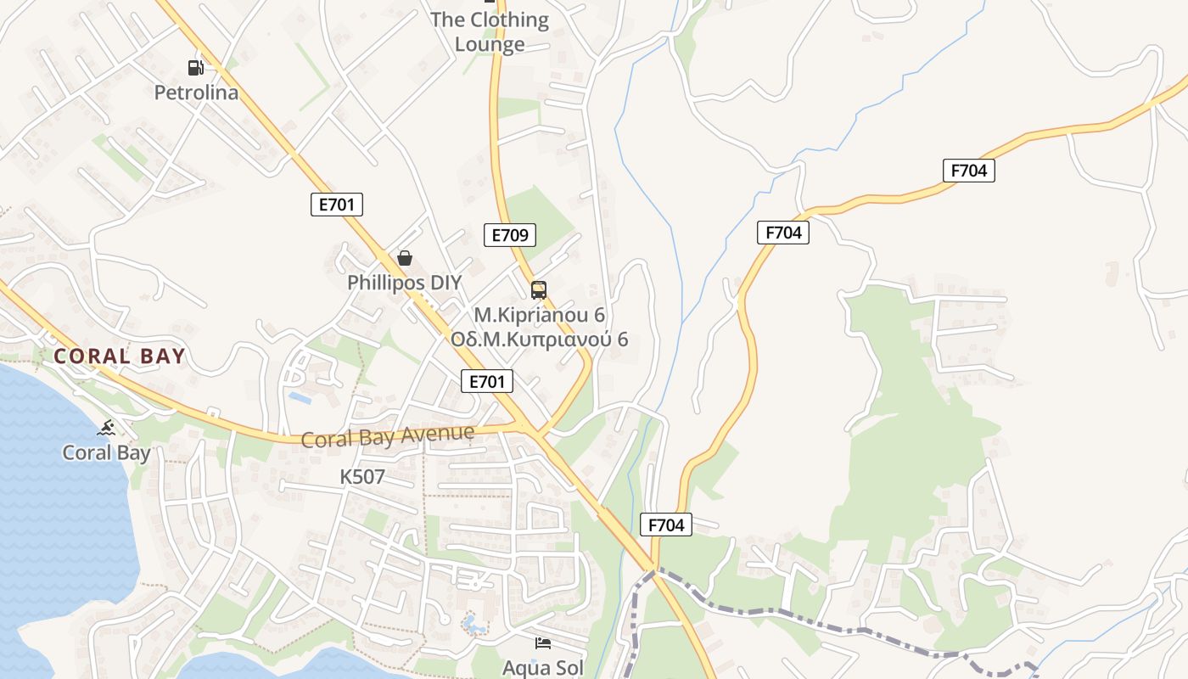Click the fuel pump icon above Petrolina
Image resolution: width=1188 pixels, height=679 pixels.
click(x=196, y=68)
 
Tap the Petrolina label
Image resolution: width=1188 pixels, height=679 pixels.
click(x=196, y=93)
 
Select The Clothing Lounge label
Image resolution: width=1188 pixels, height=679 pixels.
click(x=490, y=31)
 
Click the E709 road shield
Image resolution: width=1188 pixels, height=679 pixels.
click(x=510, y=235)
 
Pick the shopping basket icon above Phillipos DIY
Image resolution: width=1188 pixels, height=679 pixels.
click(x=405, y=258)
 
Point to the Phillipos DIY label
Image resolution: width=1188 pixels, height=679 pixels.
click(x=405, y=283)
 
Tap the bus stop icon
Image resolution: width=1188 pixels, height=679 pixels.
click(x=539, y=290)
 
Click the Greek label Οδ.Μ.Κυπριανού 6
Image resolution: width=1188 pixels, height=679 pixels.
click(x=539, y=339)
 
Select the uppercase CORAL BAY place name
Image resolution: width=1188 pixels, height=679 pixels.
click(x=120, y=356)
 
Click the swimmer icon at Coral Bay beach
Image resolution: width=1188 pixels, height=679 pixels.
click(x=106, y=428)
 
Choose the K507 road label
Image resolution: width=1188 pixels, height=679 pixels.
click(x=362, y=477)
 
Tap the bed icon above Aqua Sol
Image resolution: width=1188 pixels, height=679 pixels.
click(x=543, y=643)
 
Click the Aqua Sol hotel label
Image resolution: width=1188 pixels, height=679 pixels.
click(x=543, y=667)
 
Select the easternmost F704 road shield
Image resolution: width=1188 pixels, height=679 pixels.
click(x=968, y=171)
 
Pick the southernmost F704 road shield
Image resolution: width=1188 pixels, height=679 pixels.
click(x=666, y=525)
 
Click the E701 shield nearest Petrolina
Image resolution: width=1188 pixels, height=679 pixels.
click(x=337, y=205)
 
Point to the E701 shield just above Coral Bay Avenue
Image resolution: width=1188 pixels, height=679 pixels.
click(x=487, y=382)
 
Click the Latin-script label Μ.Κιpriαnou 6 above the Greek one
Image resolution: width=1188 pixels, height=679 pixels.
click(x=539, y=315)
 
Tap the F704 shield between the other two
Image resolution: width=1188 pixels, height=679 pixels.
click(x=782, y=233)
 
